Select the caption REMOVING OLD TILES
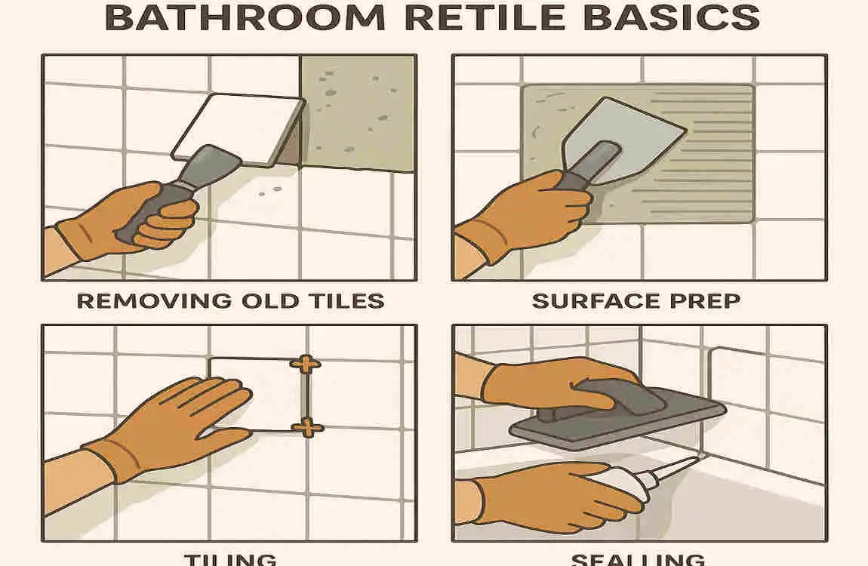click(231, 300)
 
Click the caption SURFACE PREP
click(636, 300)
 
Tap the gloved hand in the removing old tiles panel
click(128, 219)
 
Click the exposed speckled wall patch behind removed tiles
click(359, 113)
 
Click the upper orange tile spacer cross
click(305, 365)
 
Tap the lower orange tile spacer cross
click(306, 428)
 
